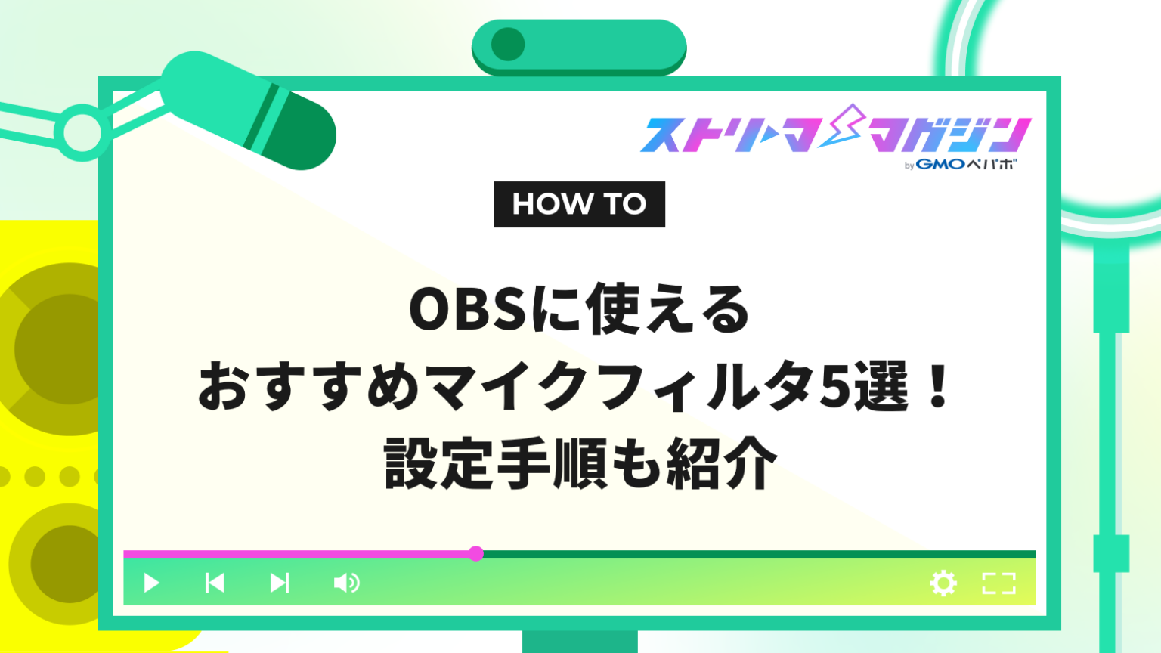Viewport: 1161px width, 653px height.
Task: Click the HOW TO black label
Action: coord(579,204)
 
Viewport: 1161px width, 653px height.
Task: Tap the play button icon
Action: coord(151,583)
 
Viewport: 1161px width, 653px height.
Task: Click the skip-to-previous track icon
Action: coord(215,583)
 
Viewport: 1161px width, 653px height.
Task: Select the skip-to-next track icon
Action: coord(280,583)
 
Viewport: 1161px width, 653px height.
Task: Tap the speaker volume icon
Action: coord(346,583)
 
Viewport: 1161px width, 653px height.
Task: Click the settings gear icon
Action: coord(943,583)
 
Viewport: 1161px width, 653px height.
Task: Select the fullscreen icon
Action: coord(998,583)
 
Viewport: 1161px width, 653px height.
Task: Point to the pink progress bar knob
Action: coord(475,554)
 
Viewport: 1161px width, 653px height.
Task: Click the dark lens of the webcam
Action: coord(508,45)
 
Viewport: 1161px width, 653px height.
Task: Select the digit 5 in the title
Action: coord(836,387)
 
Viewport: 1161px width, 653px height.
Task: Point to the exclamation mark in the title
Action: coord(939,387)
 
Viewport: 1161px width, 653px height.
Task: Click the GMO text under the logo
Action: coord(940,164)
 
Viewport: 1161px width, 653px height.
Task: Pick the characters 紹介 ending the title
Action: coord(721,464)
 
